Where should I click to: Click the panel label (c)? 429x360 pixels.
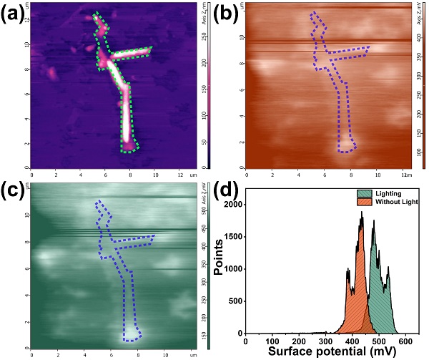tap(16, 189)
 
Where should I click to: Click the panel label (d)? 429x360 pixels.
tap(227, 190)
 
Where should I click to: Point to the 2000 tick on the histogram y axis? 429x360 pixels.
tap(233, 205)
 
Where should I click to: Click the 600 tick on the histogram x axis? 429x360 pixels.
tap(404, 341)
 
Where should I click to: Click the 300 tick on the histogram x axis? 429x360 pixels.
tap(325, 341)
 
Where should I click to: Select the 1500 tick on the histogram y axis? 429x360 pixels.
tap(233, 237)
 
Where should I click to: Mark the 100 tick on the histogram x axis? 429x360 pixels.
tap(272, 341)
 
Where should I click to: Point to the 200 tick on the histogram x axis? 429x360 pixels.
tap(299, 341)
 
